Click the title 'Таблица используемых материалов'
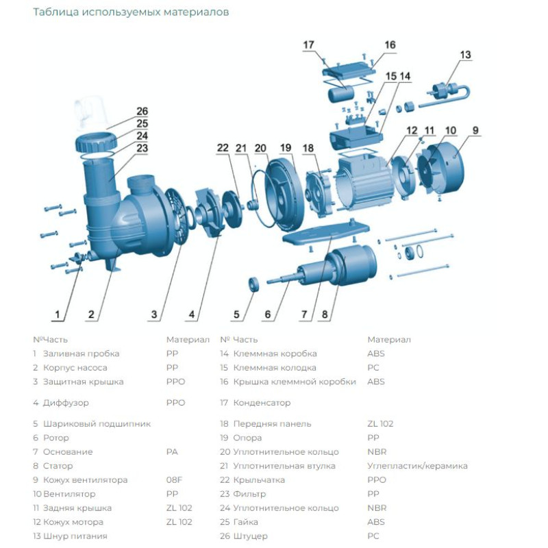pos(131,12)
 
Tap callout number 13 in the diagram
pos(465,55)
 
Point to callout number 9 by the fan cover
pos(475,130)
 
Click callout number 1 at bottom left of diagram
pos(59,315)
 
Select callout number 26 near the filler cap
pos(142,111)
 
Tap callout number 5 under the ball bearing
pos(237,315)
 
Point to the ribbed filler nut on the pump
pos(95,143)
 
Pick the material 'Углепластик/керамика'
pos(417,466)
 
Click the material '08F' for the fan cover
pos(174,480)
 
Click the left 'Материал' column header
pos(188,339)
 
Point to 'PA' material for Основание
pos(172,452)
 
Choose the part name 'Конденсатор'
pos(262,403)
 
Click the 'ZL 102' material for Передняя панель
pos(380,424)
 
